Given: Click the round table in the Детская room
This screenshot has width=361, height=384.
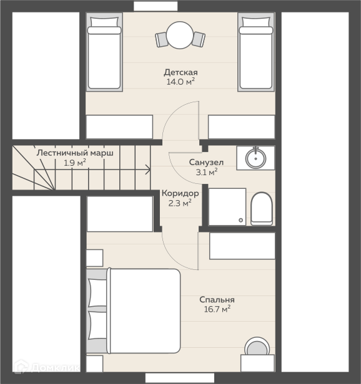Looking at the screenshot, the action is coord(180,36).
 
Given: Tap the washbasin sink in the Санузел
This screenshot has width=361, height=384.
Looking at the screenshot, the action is coord(255,158).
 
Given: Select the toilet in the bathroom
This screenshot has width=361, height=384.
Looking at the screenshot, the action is coord(262,209).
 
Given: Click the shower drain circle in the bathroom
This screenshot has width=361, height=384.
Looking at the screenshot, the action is coord(240,220).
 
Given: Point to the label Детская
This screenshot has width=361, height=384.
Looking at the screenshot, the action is coord(180,72).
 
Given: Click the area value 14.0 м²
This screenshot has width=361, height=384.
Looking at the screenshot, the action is coord(181,82).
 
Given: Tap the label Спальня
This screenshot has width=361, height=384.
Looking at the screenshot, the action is coord(217,300).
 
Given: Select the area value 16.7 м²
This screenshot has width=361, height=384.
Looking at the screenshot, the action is coord(217,309).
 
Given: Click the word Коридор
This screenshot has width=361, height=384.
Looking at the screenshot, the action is coord(180,193).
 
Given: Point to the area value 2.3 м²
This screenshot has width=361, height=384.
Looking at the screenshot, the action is coord(180,203).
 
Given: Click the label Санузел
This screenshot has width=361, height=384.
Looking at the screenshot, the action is coord(206,162).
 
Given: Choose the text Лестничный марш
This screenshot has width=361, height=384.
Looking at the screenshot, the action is coord(75,153).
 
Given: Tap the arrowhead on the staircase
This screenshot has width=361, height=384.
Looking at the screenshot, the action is coord(148,170).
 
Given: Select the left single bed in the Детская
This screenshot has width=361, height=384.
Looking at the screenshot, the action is coord(104,52).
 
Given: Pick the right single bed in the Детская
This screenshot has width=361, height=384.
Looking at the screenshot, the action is coord(256,52).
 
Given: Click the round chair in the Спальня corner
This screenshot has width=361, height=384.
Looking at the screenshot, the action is coord(257,346).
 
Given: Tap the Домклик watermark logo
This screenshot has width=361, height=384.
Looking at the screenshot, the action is coord(47,367).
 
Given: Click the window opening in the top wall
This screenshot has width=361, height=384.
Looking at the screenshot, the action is coord(156,6).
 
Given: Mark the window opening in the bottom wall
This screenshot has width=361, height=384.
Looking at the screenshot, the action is coord(180,378).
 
